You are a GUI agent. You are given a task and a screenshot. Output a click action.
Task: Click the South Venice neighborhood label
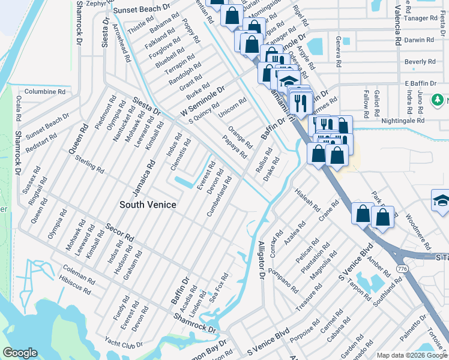click(148, 205)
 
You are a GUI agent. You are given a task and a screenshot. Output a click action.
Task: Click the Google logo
click(20, 353)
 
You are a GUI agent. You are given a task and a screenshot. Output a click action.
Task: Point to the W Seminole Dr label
click(202, 101)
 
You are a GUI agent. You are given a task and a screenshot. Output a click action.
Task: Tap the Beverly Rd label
click(420, 62)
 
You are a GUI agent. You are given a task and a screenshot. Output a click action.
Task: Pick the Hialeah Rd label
click(307, 199)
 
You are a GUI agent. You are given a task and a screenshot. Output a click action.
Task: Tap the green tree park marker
click(441, 99)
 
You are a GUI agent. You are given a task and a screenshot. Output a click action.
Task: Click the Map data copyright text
click(411, 355)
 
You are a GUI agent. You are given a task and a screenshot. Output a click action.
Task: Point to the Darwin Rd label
click(420, 40)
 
